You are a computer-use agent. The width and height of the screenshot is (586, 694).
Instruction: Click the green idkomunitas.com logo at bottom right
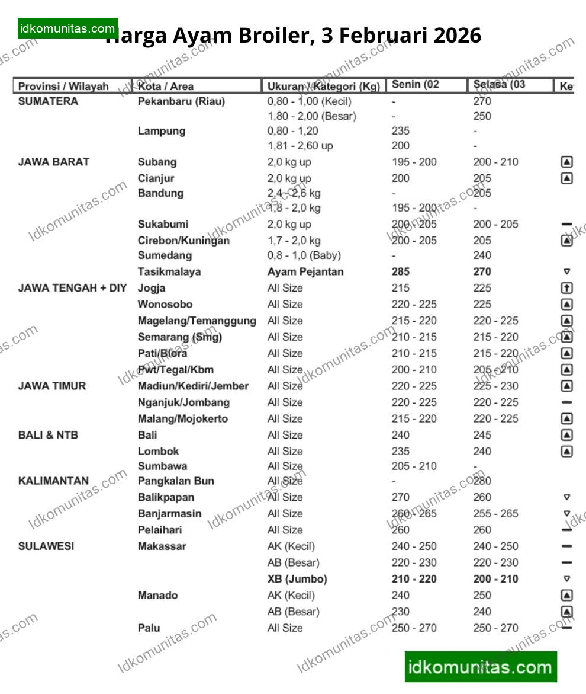(x=481, y=667)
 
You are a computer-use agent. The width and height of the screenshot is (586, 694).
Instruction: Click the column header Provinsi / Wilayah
(x=63, y=87)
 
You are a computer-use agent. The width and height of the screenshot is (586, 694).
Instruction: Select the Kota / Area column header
(x=166, y=87)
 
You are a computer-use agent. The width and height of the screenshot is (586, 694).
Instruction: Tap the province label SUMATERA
(x=48, y=101)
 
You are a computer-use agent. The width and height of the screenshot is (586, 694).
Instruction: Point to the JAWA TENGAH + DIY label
(x=73, y=288)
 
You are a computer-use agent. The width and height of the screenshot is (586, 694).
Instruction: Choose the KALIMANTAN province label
(x=53, y=481)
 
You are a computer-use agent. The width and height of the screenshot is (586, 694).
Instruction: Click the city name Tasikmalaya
(x=169, y=271)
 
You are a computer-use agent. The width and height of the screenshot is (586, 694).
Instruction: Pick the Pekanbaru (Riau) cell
(x=181, y=101)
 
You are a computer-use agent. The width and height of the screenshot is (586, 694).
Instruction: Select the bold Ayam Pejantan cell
(x=305, y=271)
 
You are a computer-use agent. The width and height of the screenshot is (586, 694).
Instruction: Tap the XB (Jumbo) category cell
(x=297, y=579)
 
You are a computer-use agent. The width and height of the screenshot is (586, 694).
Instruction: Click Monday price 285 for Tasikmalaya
(x=401, y=271)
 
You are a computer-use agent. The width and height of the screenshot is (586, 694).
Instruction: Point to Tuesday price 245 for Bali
(x=482, y=434)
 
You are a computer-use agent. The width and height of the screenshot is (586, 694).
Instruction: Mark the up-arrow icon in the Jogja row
(x=566, y=288)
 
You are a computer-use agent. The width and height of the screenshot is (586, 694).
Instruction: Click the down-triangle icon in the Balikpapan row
(x=566, y=497)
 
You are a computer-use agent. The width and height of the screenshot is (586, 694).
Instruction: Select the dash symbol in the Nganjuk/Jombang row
(x=566, y=402)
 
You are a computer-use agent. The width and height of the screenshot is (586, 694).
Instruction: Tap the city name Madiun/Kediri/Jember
(x=194, y=386)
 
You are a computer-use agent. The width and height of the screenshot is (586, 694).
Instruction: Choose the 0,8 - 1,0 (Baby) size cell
(x=304, y=255)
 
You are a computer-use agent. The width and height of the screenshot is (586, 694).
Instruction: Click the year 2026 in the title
(x=458, y=36)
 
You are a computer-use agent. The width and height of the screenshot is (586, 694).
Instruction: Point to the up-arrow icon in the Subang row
(x=566, y=162)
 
